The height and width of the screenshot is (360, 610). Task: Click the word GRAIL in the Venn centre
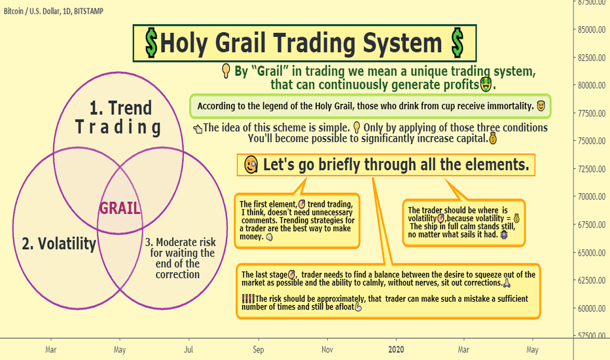pos(120,208)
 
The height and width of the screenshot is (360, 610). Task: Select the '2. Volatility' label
pos(59,243)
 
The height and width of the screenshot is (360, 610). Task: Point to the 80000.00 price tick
pos(591,85)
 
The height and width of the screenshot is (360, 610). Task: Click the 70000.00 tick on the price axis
pos(591,196)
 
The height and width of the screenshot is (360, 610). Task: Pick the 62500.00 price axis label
pos(591,280)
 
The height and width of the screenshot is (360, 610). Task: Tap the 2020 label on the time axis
pos(396,350)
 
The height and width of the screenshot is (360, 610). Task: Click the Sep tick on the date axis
pos(259,350)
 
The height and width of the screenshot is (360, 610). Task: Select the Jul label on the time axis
pos(188,350)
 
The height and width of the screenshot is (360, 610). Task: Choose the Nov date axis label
pos(327,350)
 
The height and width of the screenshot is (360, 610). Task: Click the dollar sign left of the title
pos(151,43)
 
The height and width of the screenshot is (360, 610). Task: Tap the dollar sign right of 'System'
pos(457,43)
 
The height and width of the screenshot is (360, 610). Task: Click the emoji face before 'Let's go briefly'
pos(251,165)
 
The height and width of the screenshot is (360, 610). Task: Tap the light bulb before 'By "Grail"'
pos(226,71)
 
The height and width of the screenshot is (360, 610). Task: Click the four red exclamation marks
pos(248,299)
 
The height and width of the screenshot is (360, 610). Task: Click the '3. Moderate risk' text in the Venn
pos(180,242)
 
